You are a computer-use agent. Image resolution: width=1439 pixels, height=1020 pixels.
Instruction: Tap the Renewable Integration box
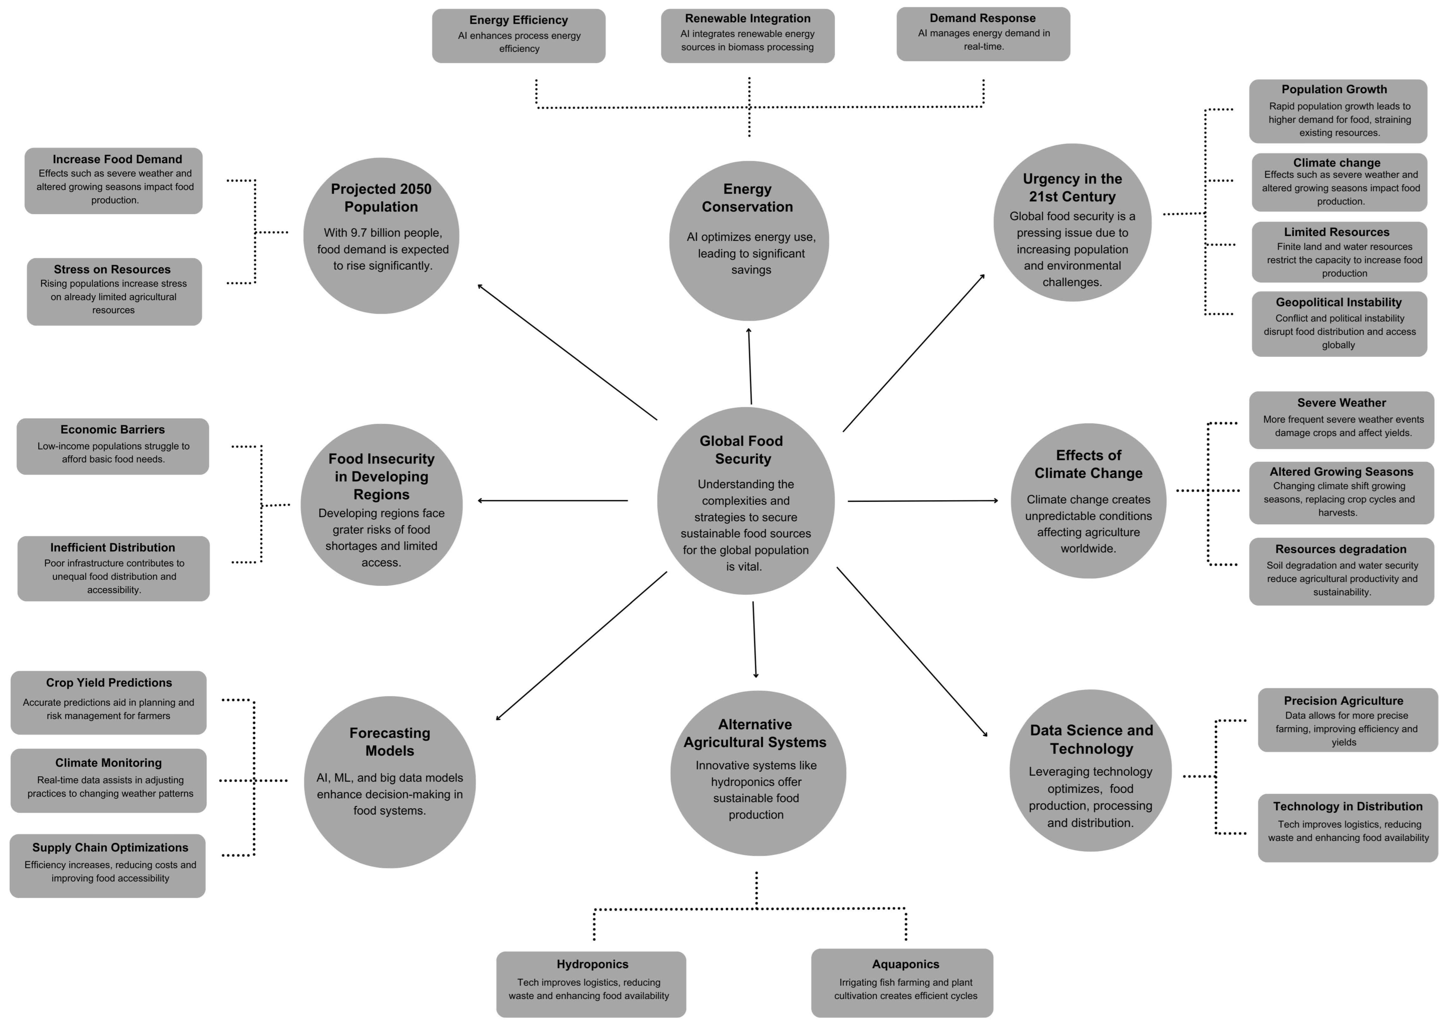(747, 35)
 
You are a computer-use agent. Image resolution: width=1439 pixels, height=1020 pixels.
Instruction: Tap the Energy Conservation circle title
(747, 198)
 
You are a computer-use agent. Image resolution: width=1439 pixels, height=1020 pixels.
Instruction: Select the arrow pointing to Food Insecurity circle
(553, 501)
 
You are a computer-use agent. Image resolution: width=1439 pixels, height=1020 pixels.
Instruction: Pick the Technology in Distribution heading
(1347, 806)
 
